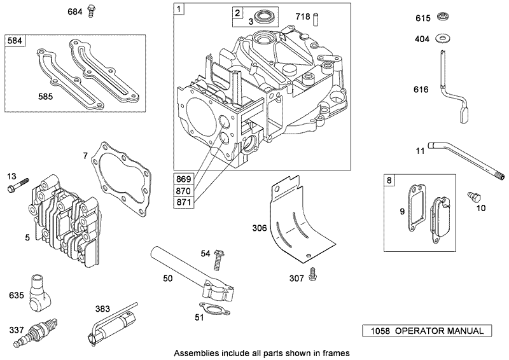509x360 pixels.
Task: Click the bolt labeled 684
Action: (92, 11)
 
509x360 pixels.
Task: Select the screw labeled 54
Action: (221, 259)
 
